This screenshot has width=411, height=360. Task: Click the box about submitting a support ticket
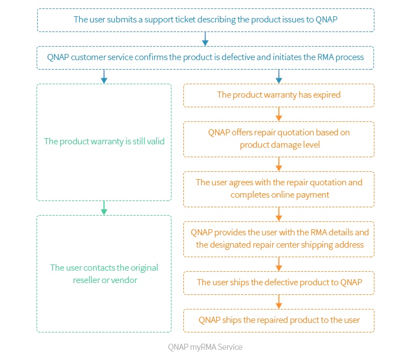tap(205, 20)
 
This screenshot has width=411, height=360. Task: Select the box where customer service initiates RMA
tap(205, 57)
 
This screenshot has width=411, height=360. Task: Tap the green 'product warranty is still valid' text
tap(104, 142)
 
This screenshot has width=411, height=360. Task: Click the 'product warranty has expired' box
tap(279, 95)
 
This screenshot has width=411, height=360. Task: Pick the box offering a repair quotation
tap(279, 139)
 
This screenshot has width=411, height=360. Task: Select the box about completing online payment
tap(279, 189)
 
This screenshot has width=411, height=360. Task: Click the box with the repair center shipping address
tap(279, 238)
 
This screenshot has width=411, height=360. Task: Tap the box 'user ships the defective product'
tap(279, 282)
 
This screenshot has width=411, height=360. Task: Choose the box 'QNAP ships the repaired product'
tap(279, 320)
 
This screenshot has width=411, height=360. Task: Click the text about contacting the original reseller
tap(104, 274)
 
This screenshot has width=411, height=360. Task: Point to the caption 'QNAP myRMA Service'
tap(205, 347)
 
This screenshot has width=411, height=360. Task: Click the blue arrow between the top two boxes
tap(205, 39)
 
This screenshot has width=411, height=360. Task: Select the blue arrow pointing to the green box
tap(104, 76)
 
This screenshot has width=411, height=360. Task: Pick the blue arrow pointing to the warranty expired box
tap(279, 76)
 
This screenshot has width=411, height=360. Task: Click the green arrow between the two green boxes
tap(104, 208)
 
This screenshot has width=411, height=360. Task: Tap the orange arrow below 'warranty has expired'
tap(279, 114)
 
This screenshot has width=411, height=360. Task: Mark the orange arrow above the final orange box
tap(279, 302)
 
